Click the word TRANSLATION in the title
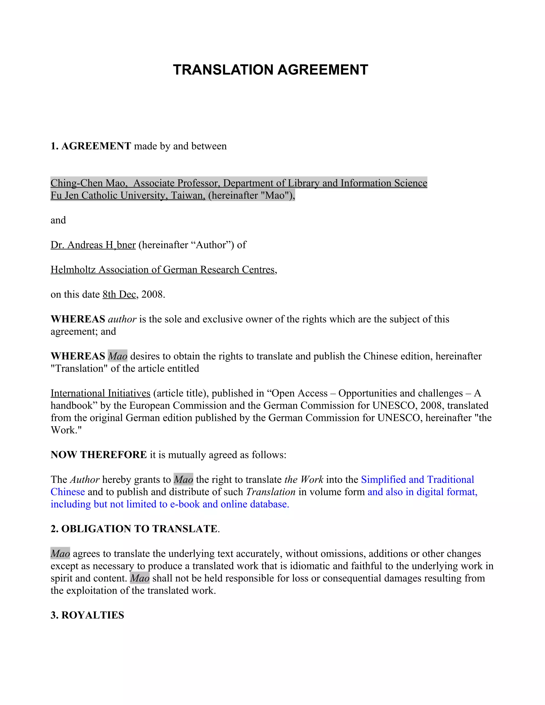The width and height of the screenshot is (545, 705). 223,70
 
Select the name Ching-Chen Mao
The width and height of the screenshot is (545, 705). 88,183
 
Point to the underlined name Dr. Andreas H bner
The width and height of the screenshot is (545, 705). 93,245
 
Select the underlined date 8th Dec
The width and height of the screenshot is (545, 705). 119,295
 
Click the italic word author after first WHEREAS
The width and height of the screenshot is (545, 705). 122,319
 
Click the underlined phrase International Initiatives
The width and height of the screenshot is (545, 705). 100,393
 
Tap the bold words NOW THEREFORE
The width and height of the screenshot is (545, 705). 99,455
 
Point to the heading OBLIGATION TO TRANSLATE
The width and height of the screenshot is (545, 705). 139,529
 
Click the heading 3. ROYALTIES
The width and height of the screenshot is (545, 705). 88,615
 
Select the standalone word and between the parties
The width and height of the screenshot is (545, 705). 58,220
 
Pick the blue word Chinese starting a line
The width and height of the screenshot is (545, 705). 68,492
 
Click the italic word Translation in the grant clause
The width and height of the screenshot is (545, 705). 271,492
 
